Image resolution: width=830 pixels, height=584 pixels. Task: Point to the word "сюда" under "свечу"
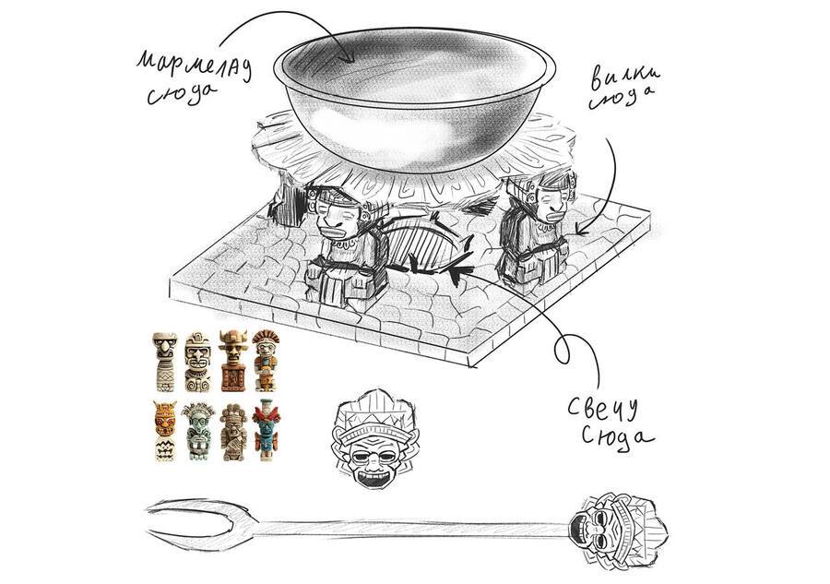(x=617, y=438)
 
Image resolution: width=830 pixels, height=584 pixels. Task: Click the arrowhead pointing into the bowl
(x=348, y=54)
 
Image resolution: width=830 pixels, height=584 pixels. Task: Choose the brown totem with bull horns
(x=233, y=361)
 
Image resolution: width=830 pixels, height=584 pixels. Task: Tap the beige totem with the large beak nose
(x=165, y=361)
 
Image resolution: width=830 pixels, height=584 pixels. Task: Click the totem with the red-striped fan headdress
(x=266, y=361)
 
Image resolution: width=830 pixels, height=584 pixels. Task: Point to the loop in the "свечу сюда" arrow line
(x=563, y=349)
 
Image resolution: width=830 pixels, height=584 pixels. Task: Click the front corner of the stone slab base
(x=470, y=365)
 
